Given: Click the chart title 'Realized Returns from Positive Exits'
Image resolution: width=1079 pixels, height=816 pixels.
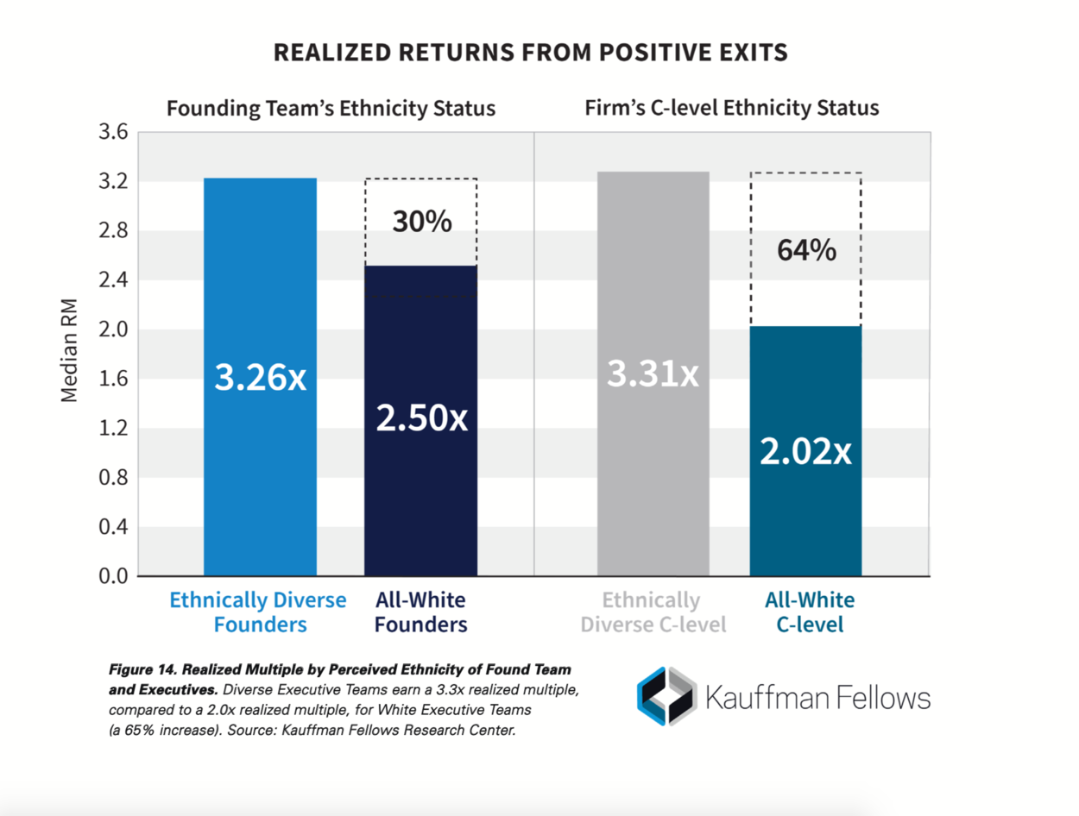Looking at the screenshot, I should point(530,53).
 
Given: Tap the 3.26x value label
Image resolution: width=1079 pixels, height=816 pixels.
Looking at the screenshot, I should point(260,378).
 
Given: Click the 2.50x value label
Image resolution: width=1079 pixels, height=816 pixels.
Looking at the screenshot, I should point(421,418).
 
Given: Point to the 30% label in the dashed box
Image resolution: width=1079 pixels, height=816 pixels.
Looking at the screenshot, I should point(421,222).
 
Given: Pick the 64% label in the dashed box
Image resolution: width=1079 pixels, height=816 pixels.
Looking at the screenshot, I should point(806,250).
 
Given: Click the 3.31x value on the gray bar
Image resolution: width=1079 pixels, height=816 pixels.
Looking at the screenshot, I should point(653,373).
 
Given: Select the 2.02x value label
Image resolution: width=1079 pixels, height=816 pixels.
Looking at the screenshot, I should point(805,451).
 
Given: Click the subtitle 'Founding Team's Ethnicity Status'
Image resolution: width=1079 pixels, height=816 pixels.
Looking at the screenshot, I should point(331,109).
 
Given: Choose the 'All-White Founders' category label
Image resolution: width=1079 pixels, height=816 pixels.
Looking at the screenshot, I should point(421,612).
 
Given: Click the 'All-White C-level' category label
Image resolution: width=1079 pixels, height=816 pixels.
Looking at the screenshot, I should point(810,612).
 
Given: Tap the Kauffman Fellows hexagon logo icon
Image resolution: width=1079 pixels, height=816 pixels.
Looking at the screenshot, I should point(666,695).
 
